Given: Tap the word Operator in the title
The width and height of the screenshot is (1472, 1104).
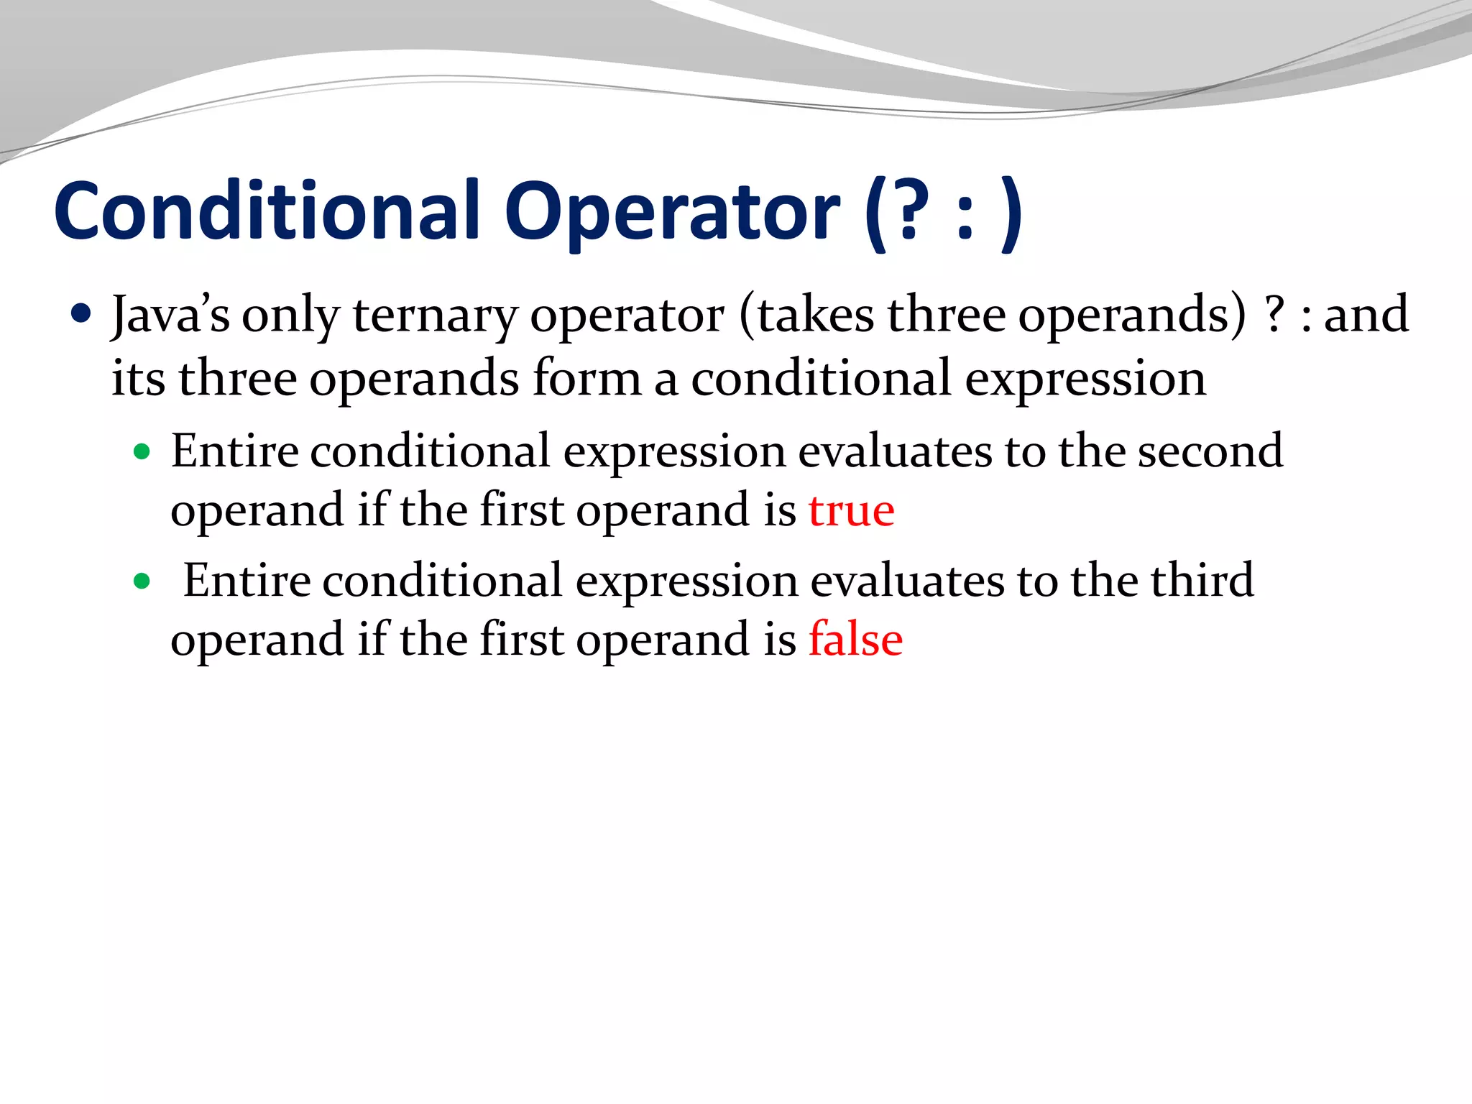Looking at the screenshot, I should pyautogui.click(x=672, y=213).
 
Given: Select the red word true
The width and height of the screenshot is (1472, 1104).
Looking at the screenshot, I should pyautogui.click(x=852, y=510).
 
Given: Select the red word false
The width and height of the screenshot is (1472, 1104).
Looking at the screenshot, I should pyautogui.click(x=855, y=639).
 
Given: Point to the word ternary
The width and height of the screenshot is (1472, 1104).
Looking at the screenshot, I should pyautogui.click(x=435, y=316).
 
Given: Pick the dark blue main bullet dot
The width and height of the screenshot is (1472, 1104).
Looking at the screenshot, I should pyautogui.click(x=82, y=314).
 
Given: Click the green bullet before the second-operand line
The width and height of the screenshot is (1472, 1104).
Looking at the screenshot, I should pyautogui.click(x=142, y=452).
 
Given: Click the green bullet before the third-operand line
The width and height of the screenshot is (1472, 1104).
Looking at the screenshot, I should pyautogui.click(x=142, y=581).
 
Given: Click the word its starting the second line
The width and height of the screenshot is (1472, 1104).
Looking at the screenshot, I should pyautogui.click(x=138, y=378).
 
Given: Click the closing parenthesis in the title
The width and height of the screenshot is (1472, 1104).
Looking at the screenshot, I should pyautogui.click(x=1012, y=213).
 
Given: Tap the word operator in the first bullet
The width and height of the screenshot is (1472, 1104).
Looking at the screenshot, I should pyautogui.click(x=627, y=316).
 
